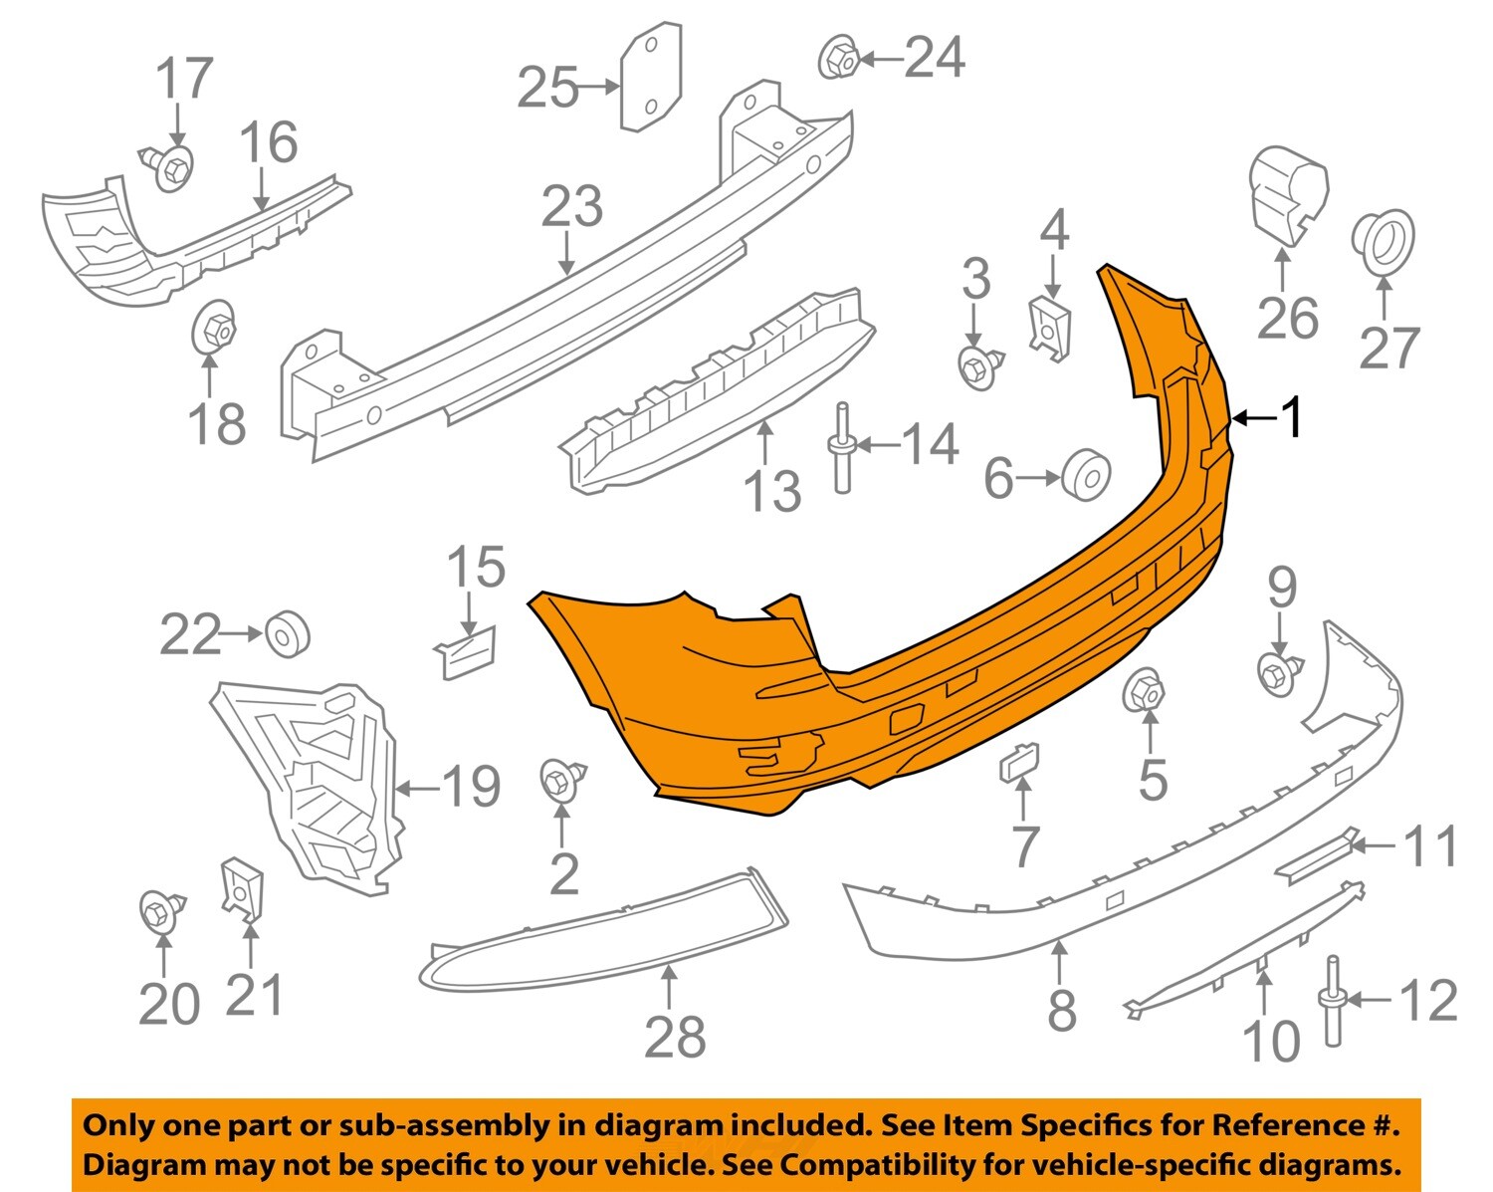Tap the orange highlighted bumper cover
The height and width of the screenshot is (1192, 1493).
(896, 677)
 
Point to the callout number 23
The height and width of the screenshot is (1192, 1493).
(571, 206)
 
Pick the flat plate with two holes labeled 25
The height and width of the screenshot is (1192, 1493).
(651, 79)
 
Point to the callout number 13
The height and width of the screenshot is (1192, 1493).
(772, 491)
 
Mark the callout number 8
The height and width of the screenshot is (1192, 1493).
(1062, 1010)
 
